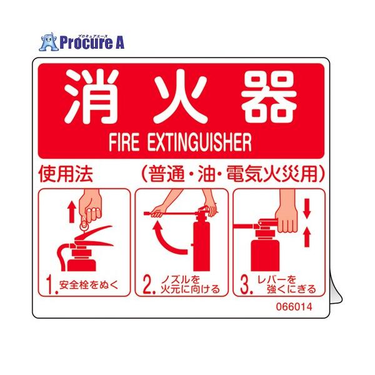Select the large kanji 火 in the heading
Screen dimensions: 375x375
click(183, 97)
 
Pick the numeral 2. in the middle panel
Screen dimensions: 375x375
click(148, 286)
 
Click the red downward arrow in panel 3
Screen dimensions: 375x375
click(307, 211)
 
